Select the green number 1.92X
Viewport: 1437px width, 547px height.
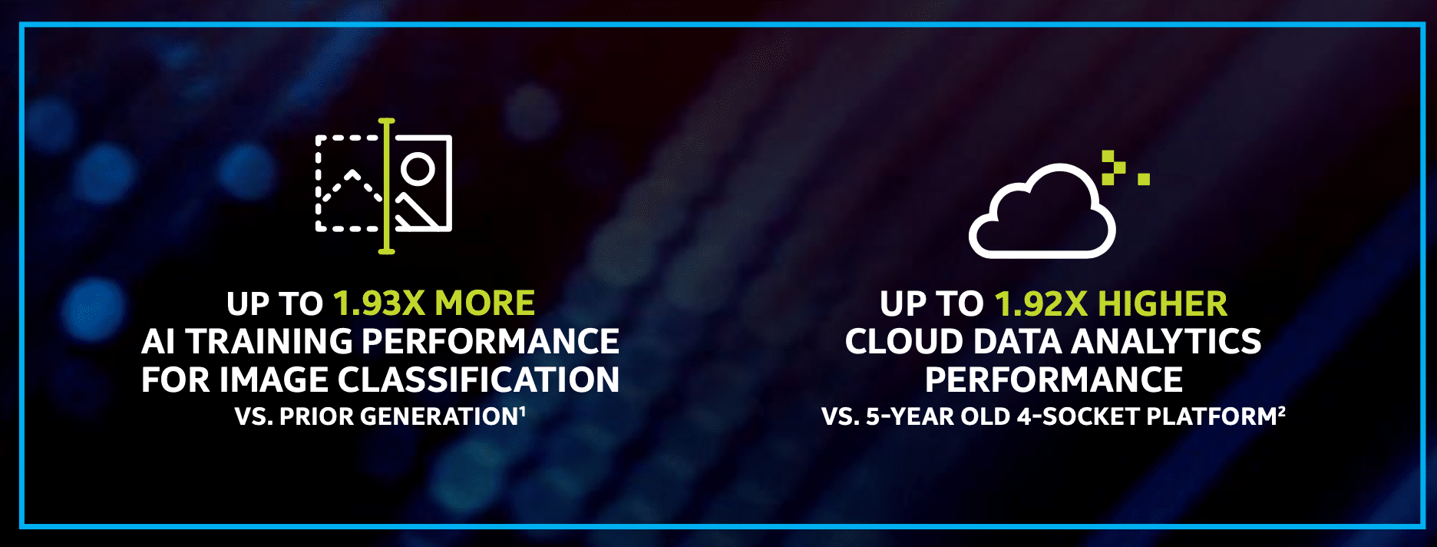point(1041,303)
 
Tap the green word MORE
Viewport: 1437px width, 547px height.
point(484,303)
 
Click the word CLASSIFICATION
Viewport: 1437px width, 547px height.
point(478,380)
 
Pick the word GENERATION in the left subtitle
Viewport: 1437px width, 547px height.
point(440,416)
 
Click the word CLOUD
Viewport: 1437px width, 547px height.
point(903,341)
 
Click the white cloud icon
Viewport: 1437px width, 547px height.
point(1042,211)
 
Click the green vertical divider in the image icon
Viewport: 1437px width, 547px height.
point(386,186)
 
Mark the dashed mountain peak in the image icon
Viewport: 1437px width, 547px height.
point(352,174)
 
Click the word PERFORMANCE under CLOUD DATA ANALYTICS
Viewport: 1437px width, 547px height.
point(1053,380)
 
